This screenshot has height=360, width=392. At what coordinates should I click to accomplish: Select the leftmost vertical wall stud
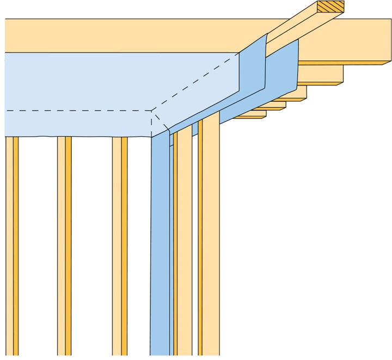pos(12,245)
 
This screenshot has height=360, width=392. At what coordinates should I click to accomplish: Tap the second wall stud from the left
pos(64,245)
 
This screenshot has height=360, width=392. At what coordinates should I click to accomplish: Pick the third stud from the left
pos(120,245)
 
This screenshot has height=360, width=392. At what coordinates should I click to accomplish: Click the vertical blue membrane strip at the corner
pos(160,245)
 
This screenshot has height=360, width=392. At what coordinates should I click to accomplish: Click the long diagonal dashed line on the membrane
pos(196,82)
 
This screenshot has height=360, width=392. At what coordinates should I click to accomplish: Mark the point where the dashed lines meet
pos(151,110)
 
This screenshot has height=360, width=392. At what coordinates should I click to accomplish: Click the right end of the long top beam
pos(376,44)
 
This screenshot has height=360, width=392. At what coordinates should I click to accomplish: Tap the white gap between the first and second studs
pos(38,245)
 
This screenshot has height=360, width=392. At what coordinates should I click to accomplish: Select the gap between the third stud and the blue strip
pos(139,245)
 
